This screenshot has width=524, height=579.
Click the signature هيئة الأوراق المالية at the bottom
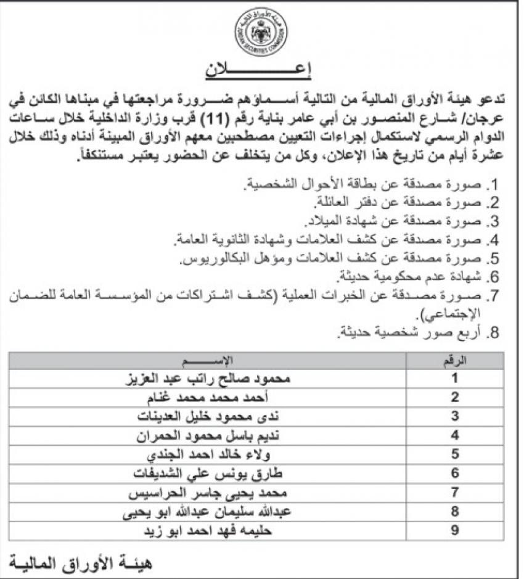pos(80,563)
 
